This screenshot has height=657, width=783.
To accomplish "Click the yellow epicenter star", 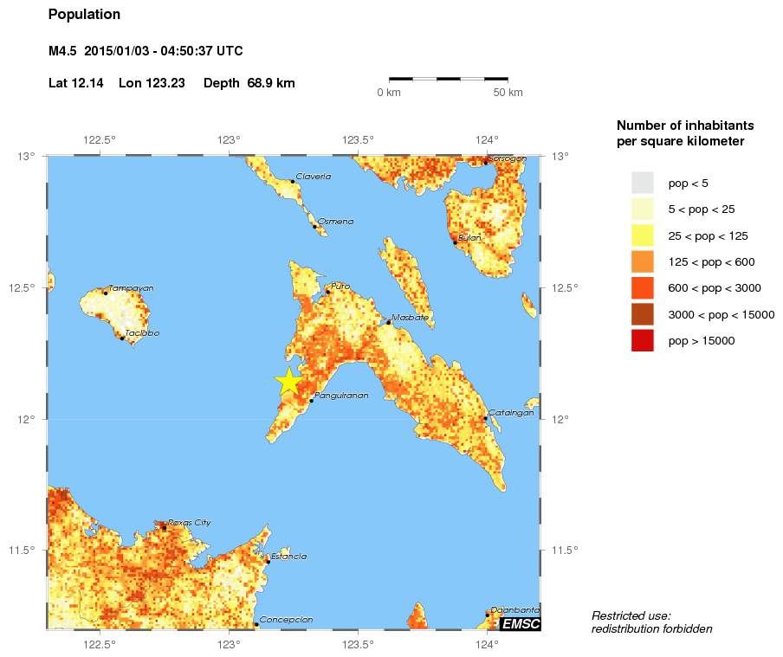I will tap(288, 382).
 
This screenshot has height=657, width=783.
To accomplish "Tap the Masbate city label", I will tap(410, 318).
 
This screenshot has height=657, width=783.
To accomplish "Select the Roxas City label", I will tap(189, 522).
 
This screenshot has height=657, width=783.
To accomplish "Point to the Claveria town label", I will tap(313, 177).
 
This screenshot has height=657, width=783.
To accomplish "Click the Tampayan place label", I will tap(131, 288).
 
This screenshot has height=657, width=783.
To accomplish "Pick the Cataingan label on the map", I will tap(511, 413).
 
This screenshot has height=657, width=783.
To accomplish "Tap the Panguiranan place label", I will tap(341, 396).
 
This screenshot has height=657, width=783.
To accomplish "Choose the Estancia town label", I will tap(288, 557).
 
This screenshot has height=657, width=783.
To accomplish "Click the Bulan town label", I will tap(469, 237).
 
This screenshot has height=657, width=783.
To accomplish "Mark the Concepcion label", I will tap(286, 620).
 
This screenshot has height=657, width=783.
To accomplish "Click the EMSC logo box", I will tap(521, 623).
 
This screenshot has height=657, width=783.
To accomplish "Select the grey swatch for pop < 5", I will tap(642, 184).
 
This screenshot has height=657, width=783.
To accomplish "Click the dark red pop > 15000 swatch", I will tap(642, 341).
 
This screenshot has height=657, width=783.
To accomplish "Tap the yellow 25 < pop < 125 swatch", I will tap(642, 235).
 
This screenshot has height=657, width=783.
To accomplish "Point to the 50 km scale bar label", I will tap(508, 92).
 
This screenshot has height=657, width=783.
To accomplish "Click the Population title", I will tap(84, 15).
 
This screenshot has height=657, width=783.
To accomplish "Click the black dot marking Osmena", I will tap(314, 226).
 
